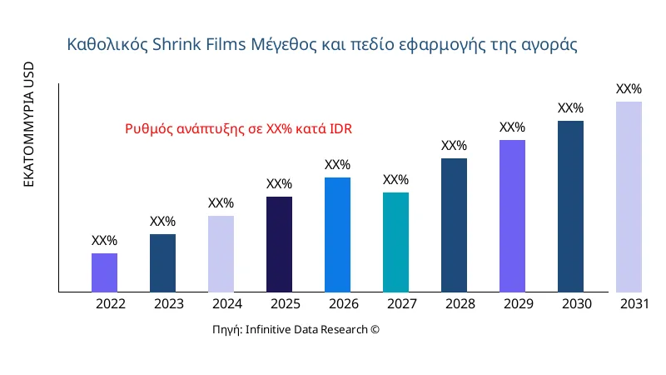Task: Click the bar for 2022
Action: coord(104,272)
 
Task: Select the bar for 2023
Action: coord(162,263)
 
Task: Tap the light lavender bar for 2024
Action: coord(221,254)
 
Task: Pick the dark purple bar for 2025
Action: coord(279,244)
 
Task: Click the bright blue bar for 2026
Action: coord(337,235)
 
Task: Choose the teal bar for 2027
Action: coord(395,242)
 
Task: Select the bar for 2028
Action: coord(454,225)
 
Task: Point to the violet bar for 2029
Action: coord(512,216)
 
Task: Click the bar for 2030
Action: coord(570,207)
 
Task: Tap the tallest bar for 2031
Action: coord(629,197)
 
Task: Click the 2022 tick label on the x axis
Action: coord(111,304)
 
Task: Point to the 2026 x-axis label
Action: coord(344,304)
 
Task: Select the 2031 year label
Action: coord(635,304)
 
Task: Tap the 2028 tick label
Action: coord(460,304)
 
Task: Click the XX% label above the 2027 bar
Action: coord(395,180)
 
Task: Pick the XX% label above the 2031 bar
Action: coord(629,89)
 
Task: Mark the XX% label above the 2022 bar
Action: coord(104,241)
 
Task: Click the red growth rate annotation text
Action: coord(239,129)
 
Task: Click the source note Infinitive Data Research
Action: coord(296,330)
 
